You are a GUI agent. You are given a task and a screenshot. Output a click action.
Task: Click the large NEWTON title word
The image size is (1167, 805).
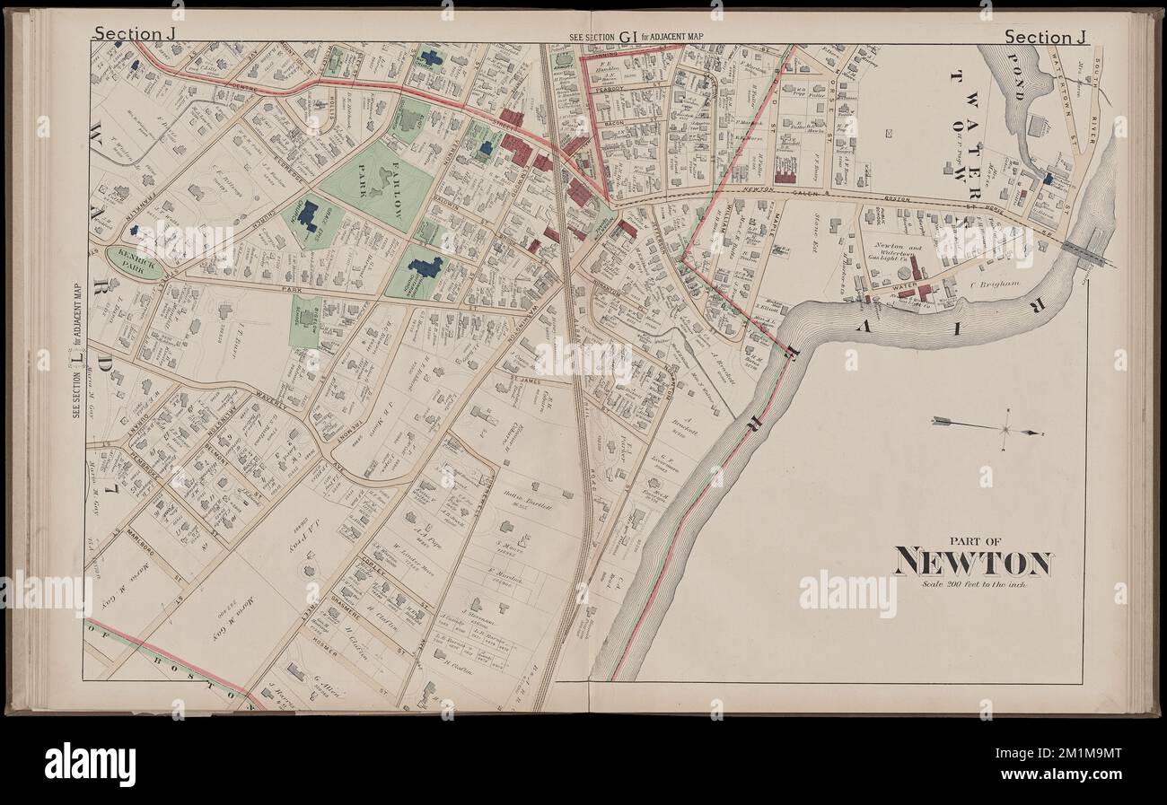click(972, 563)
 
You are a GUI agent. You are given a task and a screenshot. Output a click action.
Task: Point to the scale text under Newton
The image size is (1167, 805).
click(973, 584)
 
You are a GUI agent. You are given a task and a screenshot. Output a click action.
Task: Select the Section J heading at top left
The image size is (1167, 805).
click(128, 35)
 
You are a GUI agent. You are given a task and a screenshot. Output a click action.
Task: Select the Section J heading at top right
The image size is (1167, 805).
click(1046, 37)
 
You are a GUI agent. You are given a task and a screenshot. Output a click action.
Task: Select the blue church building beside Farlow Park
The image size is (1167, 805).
click(309, 215)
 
